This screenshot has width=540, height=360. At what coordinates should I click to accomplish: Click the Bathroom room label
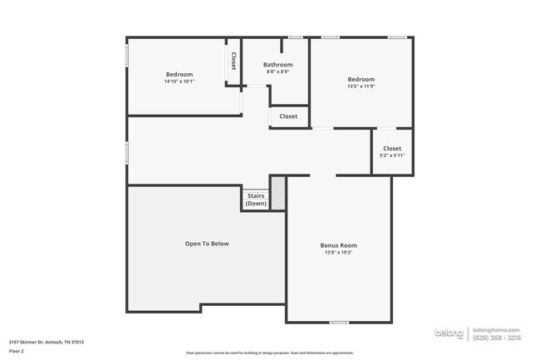[x=277, y=65]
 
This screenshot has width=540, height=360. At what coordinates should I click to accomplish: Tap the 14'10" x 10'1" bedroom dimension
[x=179, y=81]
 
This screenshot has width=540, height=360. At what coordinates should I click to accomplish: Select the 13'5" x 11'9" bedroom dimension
[x=361, y=86]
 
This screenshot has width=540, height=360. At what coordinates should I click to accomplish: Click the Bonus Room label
[x=338, y=245]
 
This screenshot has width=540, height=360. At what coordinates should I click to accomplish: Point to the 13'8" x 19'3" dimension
[x=338, y=253]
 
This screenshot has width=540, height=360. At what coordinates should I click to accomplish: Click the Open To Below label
[x=206, y=244]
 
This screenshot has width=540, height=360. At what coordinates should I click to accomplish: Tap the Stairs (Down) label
[x=256, y=200]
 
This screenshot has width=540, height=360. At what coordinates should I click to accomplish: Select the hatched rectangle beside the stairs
[x=278, y=192]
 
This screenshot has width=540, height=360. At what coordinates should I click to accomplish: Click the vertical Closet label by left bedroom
[x=233, y=61]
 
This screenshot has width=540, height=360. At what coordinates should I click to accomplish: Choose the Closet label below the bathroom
[x=288, y=116]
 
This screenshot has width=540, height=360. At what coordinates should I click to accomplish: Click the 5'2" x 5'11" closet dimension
[x=392, y=155]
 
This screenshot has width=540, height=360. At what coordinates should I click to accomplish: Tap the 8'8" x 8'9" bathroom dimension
[x=277, y=72]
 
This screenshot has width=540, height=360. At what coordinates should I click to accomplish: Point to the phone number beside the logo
[x=497, y=338]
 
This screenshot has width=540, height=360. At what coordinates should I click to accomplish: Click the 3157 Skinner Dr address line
[x=47, y=342]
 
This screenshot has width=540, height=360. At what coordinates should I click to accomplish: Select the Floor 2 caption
[x=17, y=351]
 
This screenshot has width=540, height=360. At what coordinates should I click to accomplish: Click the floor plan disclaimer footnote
[x=269, y=353]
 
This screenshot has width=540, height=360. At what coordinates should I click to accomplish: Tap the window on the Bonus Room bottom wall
[x=338, y=322]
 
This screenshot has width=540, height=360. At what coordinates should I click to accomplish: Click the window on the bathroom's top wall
[x=295, y=37]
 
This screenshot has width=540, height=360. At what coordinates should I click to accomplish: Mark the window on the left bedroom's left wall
[x=126, y=56]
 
